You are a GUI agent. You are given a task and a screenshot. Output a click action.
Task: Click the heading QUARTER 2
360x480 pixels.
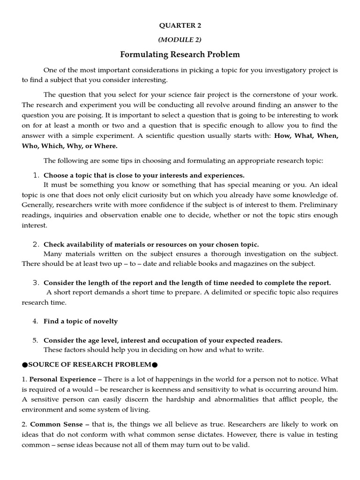pyautogui.click(x=180, y=25)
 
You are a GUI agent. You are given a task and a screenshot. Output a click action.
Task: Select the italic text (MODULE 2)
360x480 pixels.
pyautogui.click(x=180, y=40)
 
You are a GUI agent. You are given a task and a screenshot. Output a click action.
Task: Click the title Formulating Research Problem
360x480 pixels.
pyautogui.click(x=180, y=55)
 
